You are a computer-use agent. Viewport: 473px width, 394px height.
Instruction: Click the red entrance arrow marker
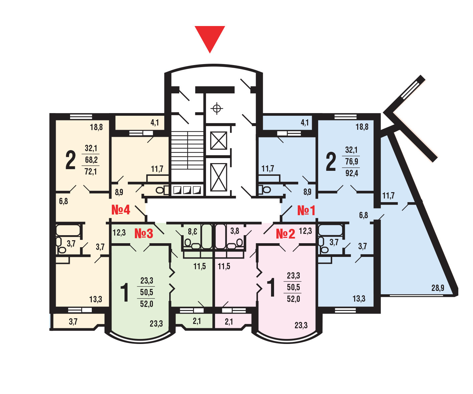coord(210,37)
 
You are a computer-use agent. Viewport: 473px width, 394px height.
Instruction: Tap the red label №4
coord(121,210)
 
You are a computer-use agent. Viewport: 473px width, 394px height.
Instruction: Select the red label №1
coord(306,211)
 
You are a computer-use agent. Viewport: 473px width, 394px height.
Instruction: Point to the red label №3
coord(144,233)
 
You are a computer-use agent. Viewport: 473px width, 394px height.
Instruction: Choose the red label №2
coord(285,234)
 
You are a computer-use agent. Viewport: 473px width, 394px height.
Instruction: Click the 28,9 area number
coord(438,288)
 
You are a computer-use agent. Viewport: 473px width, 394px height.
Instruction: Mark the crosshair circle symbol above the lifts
coord(217,108)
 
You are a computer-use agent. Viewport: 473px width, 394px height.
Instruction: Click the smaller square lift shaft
coord(219,140)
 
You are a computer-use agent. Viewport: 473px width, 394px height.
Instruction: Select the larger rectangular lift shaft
coord(219,177)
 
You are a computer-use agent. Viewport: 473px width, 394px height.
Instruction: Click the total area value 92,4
coord(352,173)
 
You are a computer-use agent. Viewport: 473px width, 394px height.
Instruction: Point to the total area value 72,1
coord(91,171)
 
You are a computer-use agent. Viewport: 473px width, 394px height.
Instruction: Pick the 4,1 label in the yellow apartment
coord(155,122)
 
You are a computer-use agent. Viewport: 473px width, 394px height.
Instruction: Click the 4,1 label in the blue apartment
coord(304,122)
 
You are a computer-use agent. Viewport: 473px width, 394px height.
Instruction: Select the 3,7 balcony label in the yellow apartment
coord(73,322)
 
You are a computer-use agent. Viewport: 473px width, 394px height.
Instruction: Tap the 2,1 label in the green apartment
coord(197,321)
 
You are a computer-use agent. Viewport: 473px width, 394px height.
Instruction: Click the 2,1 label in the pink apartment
coord(229,322)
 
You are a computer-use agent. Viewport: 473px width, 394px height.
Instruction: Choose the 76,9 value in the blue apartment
coord(351,161)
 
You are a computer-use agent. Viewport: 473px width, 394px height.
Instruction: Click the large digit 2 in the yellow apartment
coord(70,160)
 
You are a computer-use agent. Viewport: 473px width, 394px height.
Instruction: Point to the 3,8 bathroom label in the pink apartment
coord(235,231)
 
